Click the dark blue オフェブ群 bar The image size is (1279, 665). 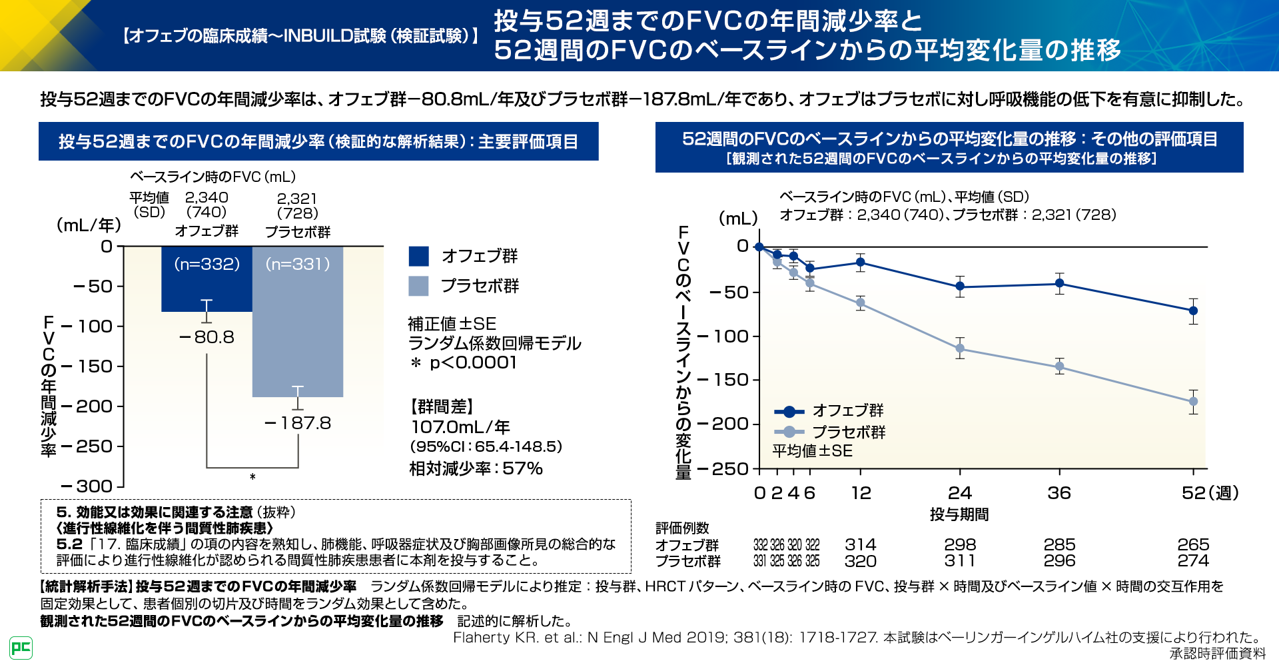[207, 287]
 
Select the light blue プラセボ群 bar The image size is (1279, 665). [298, 333]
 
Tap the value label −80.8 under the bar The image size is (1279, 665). [207, 337]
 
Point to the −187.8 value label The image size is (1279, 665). [298, 423]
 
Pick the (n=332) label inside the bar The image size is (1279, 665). [207, 264]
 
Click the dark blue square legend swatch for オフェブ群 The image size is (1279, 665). [418, 256]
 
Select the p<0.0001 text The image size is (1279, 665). [473, 362]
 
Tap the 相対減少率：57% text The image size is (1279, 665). [476, 468]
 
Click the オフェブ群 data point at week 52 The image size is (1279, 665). [1193, 311]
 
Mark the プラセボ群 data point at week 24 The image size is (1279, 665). [960, 348]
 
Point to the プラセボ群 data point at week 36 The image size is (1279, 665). [1059, 366]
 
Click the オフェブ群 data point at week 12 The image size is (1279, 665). [861, 263]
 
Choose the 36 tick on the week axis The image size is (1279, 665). [1059, 493]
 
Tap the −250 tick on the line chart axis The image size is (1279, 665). [729, 469]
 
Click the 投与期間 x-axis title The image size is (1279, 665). [959, 514]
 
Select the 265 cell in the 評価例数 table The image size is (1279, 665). [1193, 544]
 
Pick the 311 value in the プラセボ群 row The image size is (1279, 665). [960, 561]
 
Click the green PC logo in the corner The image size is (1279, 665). [21, 648]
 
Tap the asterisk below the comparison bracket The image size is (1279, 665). [252, 477]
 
